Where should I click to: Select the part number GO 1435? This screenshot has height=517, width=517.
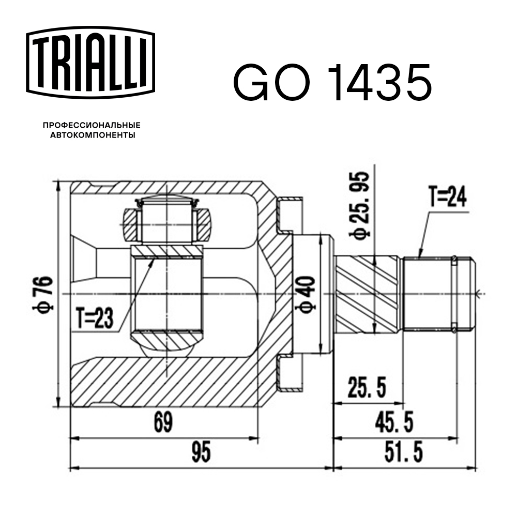point(331,83)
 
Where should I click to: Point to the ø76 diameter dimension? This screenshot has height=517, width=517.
point(46,293)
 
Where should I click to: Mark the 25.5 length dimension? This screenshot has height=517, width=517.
point(368,389)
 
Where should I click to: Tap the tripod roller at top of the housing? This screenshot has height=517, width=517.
point(166,218)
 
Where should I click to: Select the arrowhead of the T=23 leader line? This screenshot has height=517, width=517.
point(153,260)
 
